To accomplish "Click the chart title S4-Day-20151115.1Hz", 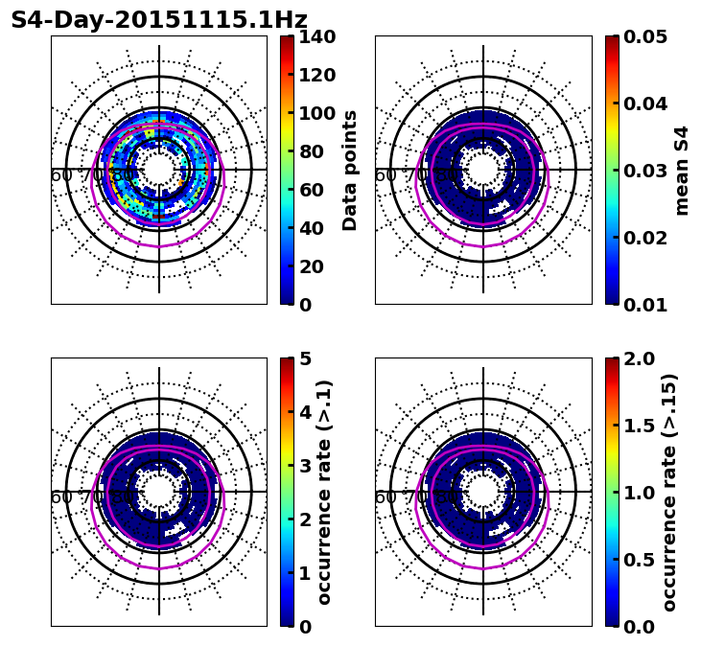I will (x=159, y=20).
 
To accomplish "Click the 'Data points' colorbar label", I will (x=350, y=171).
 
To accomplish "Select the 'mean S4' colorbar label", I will (x=682, y=171).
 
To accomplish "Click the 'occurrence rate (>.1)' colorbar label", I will (x=325, y=493).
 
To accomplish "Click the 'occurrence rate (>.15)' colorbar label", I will (x=669, y=493).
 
